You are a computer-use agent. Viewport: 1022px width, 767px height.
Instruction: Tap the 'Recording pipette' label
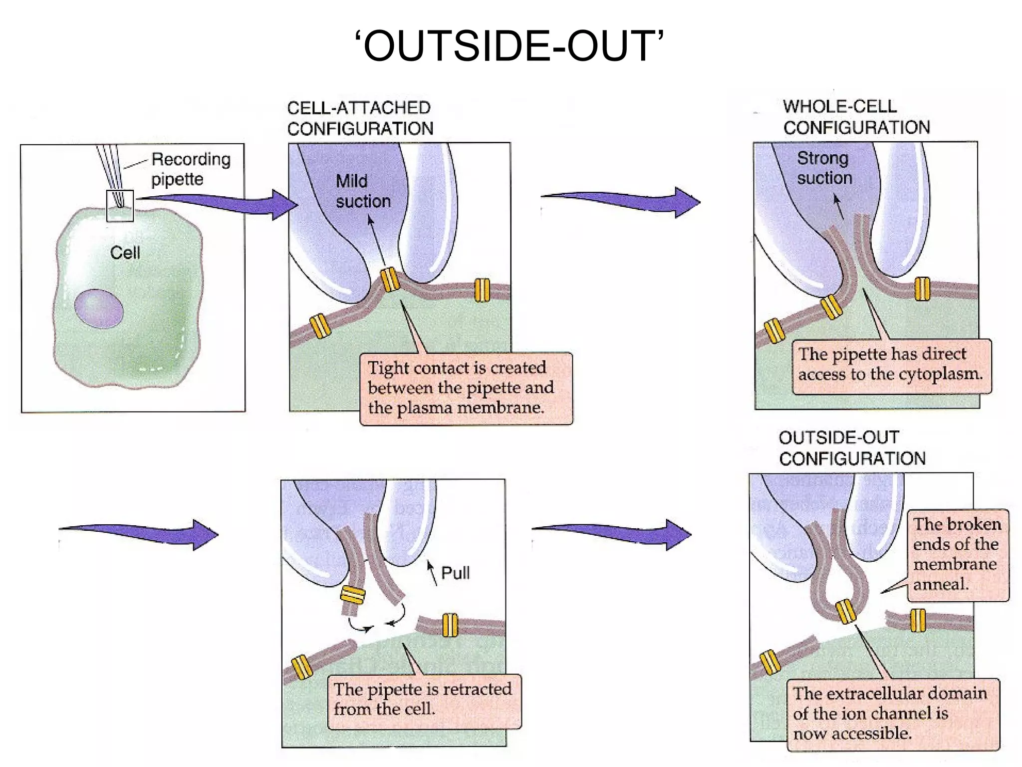click(191, 169)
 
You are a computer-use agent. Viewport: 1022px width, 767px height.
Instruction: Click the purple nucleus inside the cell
click(99, 309)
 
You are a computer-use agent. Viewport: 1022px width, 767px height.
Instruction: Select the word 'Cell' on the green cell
click(125, 253)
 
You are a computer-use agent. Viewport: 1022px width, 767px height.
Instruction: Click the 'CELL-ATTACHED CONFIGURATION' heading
click(360, 118)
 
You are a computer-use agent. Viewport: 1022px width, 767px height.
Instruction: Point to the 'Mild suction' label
click(363, 191)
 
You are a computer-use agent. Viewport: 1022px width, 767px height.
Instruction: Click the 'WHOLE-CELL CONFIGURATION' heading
click(856, 117)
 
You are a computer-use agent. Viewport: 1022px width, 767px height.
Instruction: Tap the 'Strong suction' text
click(824, 168)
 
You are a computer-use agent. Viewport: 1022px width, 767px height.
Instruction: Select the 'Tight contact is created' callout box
click(466, 388)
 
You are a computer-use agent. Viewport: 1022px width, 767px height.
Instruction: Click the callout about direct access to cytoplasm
click(891, 366)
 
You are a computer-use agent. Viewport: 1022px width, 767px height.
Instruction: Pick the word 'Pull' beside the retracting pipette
click(455, 573)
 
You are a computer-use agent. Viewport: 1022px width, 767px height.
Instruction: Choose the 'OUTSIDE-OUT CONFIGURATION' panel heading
click(851, 448)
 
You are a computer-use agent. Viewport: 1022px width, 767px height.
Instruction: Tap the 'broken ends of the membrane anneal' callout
click(957, 554)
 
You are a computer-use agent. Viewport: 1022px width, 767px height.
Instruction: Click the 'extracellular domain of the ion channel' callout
click(892, 713)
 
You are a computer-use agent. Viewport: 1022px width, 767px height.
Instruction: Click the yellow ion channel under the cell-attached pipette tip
click(390, 280)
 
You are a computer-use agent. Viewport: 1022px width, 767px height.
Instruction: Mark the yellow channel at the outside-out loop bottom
click(845, 612)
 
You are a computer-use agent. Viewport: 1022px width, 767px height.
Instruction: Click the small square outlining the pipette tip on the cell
click(120, 206)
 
